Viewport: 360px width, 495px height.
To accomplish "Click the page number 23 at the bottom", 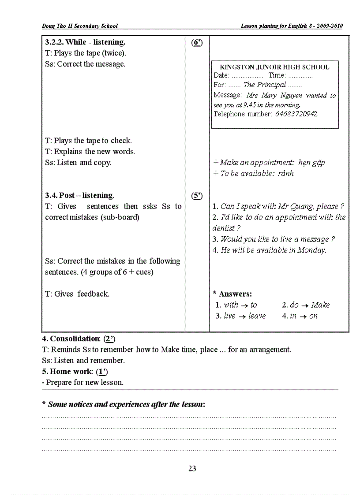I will (x=192, y=469).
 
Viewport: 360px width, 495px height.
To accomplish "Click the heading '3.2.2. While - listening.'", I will (x=85, y=42).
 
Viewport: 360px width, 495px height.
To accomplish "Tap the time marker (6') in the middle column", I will (x=197, y=42).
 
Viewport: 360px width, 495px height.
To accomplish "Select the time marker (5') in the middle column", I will (x=197, y=195).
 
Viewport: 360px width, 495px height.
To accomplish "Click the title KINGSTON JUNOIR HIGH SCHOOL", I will (x=274, y=67).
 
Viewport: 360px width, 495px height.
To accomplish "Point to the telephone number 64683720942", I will (x=296, y=114).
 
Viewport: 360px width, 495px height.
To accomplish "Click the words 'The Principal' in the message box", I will (x=265, y=85).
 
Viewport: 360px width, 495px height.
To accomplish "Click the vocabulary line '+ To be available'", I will (x=253, y=174).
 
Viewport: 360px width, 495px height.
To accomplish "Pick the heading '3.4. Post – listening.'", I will (x=79, y=195).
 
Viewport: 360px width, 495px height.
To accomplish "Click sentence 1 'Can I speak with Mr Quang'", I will (x=278, y=206).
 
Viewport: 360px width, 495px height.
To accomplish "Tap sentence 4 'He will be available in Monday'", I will (x=269, y=250).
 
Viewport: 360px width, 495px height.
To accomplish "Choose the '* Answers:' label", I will (x=232, y=294).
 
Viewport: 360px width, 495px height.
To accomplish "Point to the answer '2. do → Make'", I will (x=306, y=305).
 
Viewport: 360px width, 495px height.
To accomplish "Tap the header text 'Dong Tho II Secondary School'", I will (x=80, y=26).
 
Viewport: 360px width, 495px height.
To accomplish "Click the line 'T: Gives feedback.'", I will (x=77, y=294).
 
